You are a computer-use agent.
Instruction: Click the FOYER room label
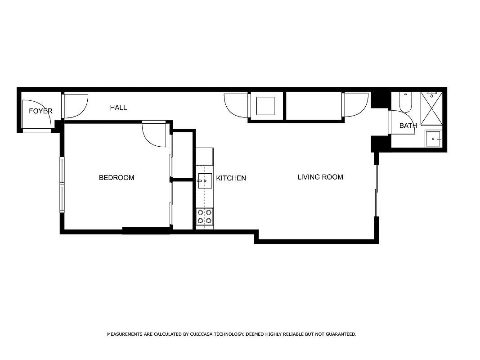[40, 111]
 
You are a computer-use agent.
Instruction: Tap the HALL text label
[118, 108]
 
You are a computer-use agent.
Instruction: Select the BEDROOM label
[117, 178]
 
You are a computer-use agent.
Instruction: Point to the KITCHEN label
[231, 178]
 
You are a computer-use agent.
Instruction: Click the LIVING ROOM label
[320, 177]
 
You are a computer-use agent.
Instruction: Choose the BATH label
[408, 126]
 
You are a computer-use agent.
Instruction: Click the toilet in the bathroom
[405, 103]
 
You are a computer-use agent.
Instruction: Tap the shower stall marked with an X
[431, 108]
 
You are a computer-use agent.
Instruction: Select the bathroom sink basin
[434, 139]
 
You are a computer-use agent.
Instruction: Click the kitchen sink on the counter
[205, 181]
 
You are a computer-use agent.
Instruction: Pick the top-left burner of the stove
[201, 212]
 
